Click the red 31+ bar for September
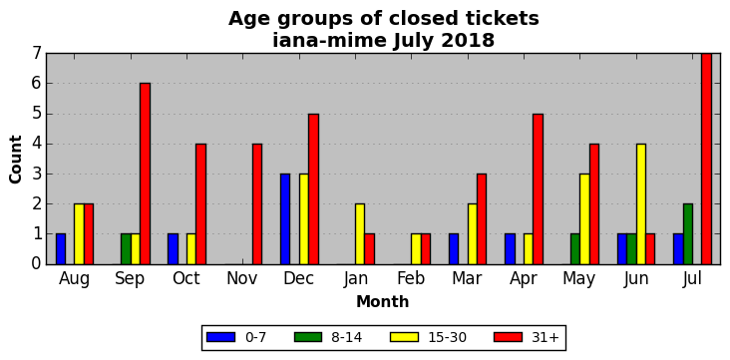pos(145,174)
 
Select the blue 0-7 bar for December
pos(285,218)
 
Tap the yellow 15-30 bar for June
pos(641,204)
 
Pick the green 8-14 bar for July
pos(688,233)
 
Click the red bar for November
pos(257,204)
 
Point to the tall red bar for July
pos(707,159)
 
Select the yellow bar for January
pos(360,233)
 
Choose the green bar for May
pos(575,249)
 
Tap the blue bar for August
pos(61,249)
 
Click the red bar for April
pos(539,189)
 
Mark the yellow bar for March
pos(473,233)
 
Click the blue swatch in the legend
pos(219,337)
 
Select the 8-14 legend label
pos(346,337)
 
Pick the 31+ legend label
pos(545,337)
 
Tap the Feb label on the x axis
pos(411,278)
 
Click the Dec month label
pos(298,278)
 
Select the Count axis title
pos(15,160)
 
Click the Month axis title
pos(382,302)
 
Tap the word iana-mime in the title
pos(330,41)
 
